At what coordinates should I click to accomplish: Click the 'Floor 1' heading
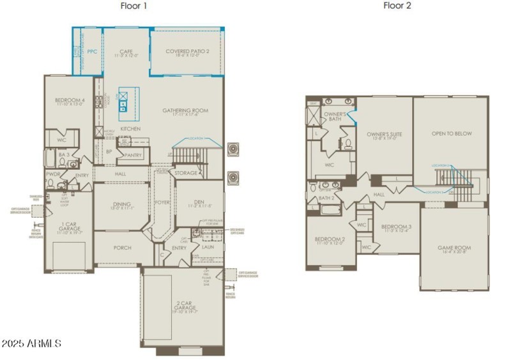(133, 6)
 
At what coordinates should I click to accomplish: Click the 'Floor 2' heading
(397, 6)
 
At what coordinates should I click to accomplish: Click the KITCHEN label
(130, 129)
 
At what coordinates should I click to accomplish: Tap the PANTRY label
(132, 154)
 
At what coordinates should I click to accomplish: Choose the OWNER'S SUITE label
(384, 135)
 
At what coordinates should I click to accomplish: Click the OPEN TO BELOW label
(452, 133)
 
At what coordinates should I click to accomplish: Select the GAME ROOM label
(454, 248)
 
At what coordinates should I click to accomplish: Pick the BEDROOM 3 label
(396, 227)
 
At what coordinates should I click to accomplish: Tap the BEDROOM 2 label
(330, 240)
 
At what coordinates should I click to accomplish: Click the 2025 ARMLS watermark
(31, 343)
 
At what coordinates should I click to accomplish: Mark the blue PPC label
(92, 52)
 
